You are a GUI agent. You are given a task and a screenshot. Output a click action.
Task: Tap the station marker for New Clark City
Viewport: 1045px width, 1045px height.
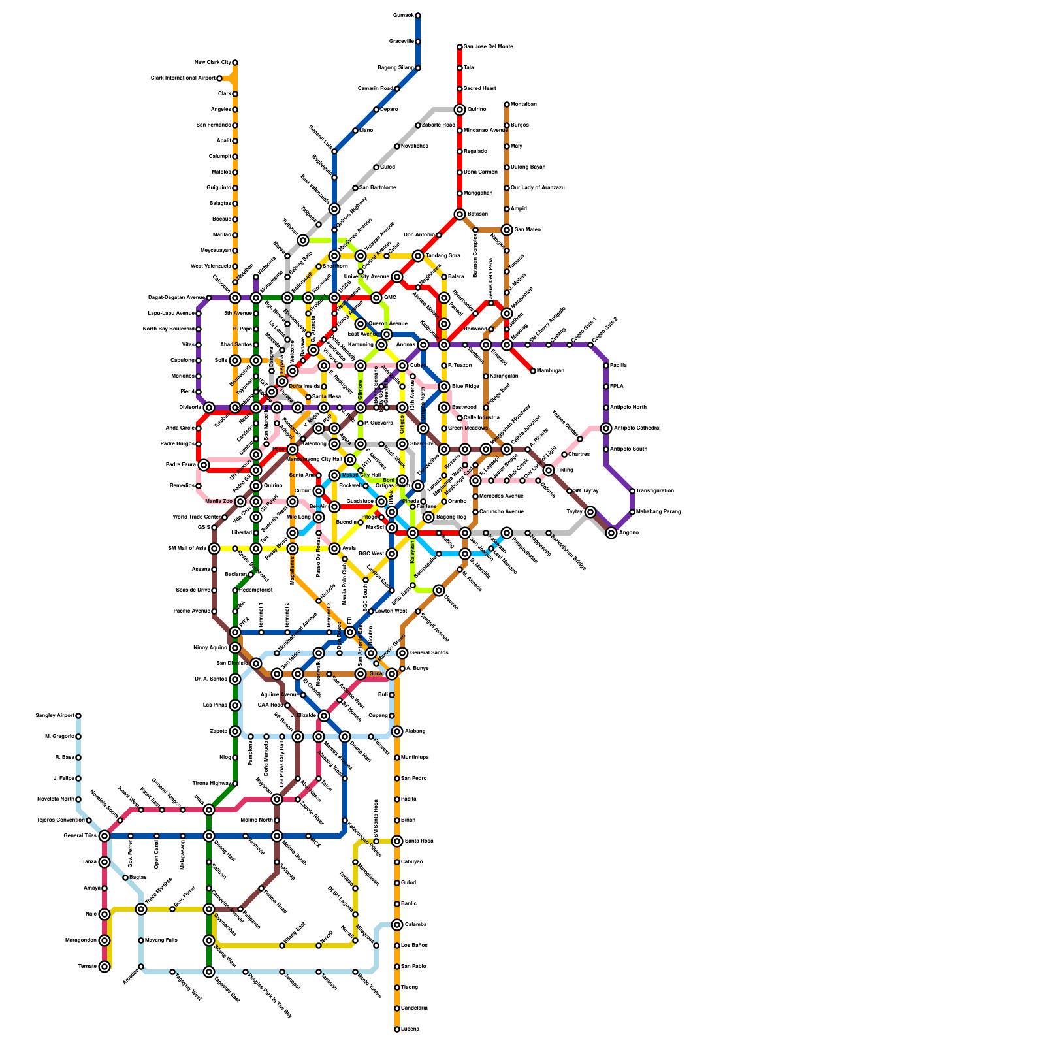tap(235, 63)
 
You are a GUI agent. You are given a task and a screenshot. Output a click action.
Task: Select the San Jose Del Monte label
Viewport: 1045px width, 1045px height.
tap(489, 47)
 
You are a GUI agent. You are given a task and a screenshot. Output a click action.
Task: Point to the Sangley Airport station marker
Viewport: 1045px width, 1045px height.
tap(78, 716)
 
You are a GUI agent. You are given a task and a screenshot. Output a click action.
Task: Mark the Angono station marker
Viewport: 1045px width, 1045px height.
tap(611, 533)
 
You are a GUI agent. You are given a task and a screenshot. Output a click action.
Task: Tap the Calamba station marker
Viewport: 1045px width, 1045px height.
tap(397, 925)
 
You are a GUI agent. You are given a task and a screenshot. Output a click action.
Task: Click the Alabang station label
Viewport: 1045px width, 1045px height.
tap(415, 731)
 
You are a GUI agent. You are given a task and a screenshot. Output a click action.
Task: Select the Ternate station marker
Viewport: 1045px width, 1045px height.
tap(104, 967)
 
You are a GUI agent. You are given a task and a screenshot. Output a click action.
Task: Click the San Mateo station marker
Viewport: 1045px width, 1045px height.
tap(507, 230)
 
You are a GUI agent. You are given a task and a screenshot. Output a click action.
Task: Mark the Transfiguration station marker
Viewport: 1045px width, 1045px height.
tap(632, 491)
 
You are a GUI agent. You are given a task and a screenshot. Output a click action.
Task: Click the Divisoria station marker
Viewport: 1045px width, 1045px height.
tap(209, 408)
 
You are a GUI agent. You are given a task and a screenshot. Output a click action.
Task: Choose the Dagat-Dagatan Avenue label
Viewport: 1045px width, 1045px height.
tap(176, 298)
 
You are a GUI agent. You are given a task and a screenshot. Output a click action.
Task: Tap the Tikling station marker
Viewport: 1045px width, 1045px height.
tap(549, 470)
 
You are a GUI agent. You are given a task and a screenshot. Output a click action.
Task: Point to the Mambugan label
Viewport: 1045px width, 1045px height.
tap(551, 371)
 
